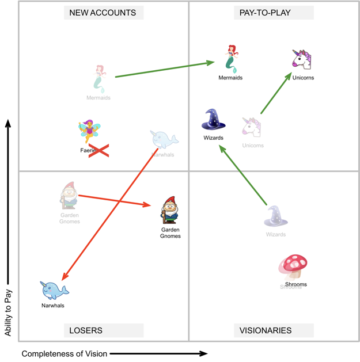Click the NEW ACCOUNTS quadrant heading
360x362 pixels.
(x=103, y=13)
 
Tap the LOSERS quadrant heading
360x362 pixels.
(x=86, y=330)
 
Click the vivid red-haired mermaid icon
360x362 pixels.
(x=231, y=59)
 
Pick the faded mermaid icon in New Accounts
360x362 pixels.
(x=99, y=79)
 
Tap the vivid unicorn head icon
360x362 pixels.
(x=301, y=60)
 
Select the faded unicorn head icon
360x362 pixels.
(x=251, y=127)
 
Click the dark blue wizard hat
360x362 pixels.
(x=214, y=120)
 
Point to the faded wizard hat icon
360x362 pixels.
(x=275, y=216)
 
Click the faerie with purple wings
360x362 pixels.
(x=89, y=131)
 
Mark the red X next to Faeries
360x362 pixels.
(x=98, y=151)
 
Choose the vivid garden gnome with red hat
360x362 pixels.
(x=169, y=210)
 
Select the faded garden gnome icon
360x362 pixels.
(x=69, y=196)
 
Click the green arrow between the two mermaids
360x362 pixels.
(x=164, y=70)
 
